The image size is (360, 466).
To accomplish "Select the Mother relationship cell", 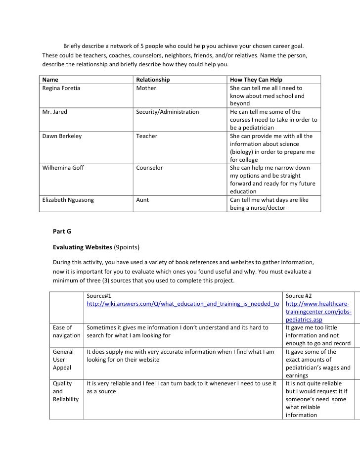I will [x=146, y=88].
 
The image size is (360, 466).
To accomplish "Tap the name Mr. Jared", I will [x=54, y=112].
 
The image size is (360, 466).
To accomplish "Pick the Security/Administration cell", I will [x=167, y=112].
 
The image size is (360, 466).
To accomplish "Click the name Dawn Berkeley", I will [x=62, y=136].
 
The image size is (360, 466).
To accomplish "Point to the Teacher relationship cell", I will [x=147, y=136].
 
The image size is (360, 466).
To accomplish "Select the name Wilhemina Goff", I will [x=63, y=168].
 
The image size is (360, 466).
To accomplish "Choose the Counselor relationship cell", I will [x=149, y=168].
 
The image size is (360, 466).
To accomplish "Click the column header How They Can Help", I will [x=256, y=80].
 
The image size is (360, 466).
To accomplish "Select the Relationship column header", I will [x=153, y=80].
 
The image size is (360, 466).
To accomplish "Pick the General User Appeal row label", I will [x=63, y=359].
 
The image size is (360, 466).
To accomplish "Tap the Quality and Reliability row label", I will [x=65, y=391].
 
